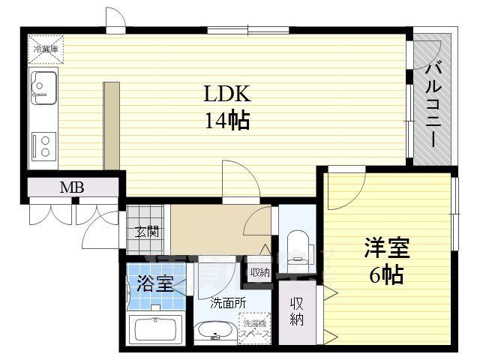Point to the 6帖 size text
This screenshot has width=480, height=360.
[385, 275]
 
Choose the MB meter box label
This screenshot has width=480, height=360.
[71, 187]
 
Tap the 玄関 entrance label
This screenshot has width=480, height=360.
[146, 232]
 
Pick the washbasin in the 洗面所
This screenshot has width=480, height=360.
[214, 331]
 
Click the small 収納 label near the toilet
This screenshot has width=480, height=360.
[259, 273]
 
